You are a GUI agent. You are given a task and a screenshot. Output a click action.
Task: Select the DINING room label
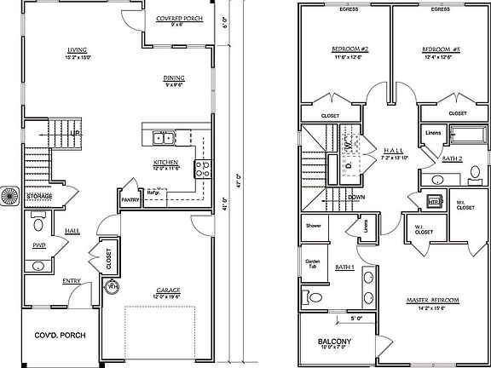[x=174, y=78]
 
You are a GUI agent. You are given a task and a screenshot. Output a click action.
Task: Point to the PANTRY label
[x=130, y=201]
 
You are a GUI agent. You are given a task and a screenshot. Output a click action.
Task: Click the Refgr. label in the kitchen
[x=154, y=193]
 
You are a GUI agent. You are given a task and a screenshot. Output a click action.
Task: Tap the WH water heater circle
[x=112, y=287]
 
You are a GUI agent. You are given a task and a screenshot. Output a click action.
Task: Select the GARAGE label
[x=167, y=290]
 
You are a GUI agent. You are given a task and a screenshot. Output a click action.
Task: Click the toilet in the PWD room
[x=38, y=227]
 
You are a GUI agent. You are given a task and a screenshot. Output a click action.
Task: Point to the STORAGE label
[x=39, y=197]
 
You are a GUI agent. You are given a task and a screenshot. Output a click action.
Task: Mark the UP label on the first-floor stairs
[x=75, y=134]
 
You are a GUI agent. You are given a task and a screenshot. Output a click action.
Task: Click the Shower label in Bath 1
[x=313, y=226]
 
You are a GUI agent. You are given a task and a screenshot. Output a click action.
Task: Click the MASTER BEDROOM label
[x=433, y=301]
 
